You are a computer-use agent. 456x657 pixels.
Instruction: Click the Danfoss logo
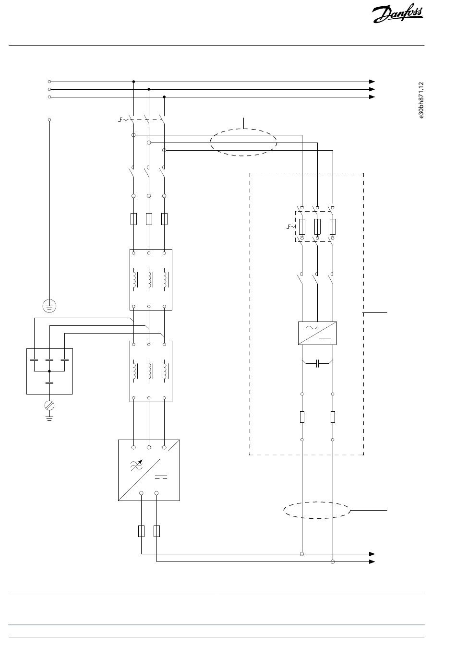tap(397, 13)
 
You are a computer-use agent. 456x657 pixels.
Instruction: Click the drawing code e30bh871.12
tap(421, 100)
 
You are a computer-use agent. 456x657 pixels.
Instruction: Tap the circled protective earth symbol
tap(49, 306)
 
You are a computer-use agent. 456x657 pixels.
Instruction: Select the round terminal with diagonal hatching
tap(49, 406)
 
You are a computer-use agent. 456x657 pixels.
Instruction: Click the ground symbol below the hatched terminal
tap(49, 418)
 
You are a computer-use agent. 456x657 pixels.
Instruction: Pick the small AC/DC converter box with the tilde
tap(317, 333)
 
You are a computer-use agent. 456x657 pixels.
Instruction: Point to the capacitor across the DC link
tap(317, 364)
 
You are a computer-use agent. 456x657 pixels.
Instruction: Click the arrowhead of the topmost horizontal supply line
tap(372, 82)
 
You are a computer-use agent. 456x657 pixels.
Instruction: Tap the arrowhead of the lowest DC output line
tap(372, 561)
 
